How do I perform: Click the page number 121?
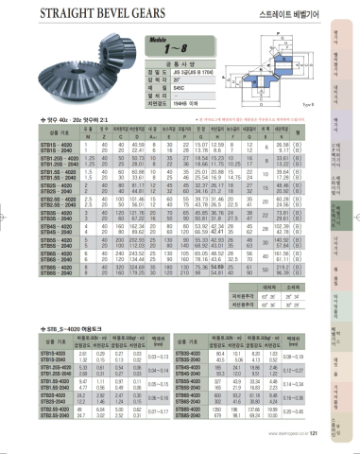(312, 448)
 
